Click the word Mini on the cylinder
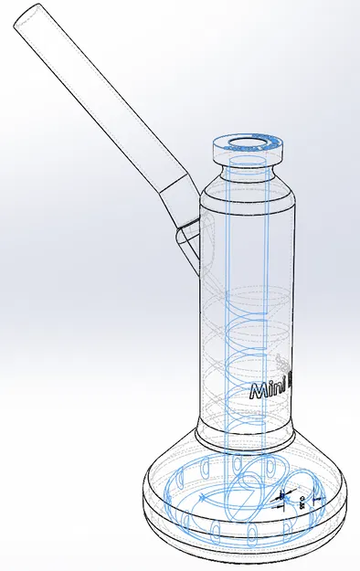(x=273, y=390)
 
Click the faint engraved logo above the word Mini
(x=281, y=361)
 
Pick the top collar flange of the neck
(x=248, y=152)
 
